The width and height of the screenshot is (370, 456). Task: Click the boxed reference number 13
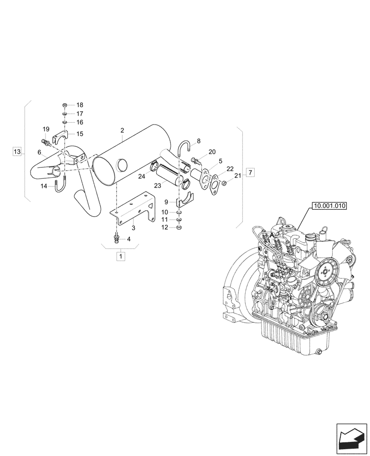(17, 151)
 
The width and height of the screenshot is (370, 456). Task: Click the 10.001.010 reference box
(329, 206)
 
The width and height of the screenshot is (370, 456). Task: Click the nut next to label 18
(65, 105)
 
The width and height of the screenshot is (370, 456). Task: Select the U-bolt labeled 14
(59, 187)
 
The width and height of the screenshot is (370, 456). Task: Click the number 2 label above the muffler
(122, 130)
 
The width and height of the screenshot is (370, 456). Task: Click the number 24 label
(142, 176)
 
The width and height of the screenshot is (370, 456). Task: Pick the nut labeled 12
(180, 227)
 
